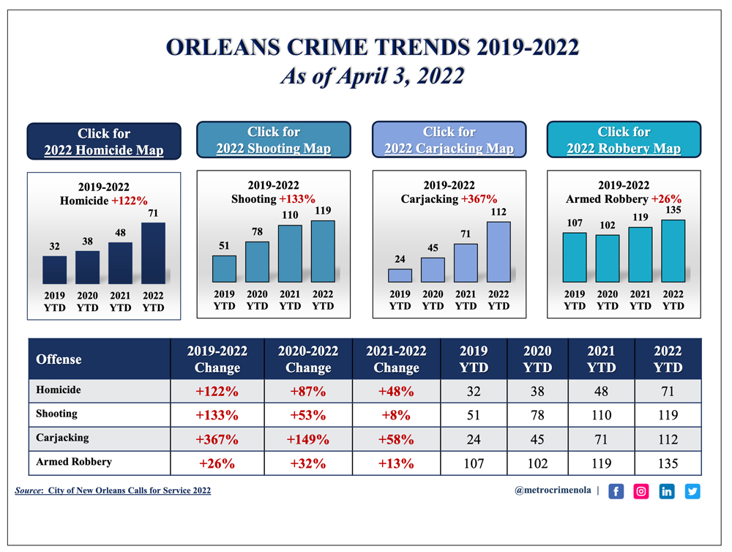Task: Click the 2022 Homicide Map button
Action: coord(103,142)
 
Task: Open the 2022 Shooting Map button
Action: coord(273,140)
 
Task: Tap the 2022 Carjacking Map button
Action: coord(449,140)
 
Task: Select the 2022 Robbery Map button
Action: coord(624,140)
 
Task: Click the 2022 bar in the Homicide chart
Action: coord(153,253)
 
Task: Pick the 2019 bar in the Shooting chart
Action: coord(224,269)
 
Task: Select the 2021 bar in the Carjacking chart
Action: coord(466,263)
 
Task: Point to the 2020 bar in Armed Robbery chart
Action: coord(607,258)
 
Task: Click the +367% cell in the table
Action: coord(217,440)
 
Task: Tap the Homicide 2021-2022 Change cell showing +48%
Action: coord(396,392)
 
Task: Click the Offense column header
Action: coord(59,359)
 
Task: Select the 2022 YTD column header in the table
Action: coord(667,359)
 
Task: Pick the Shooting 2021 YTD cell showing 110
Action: coord(601,415)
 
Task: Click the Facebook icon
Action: coord(616,491)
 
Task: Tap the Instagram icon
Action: coord(641,491)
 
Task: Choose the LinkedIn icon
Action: coord(667,491)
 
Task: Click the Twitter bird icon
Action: coord(692,491)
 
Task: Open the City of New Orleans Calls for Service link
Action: coord(129,491)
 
